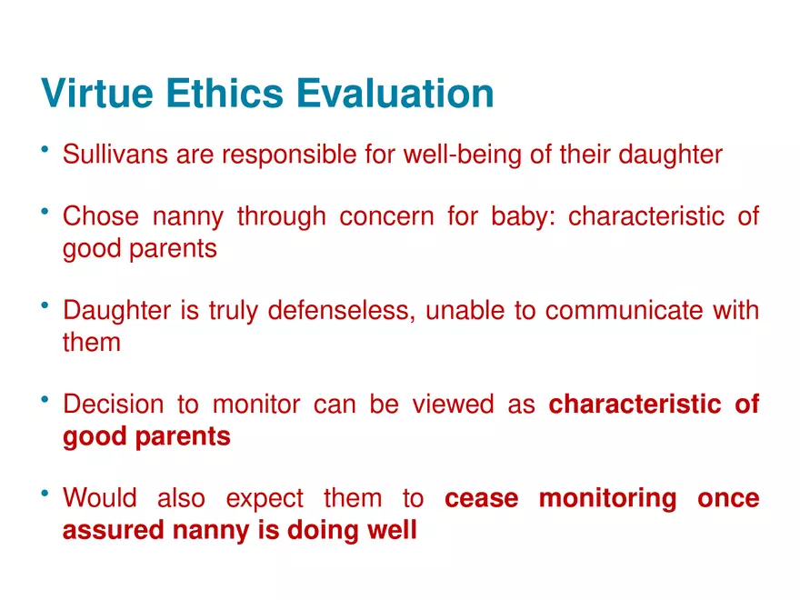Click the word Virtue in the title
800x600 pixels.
[97, 94]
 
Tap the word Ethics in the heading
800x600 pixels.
[225, 94]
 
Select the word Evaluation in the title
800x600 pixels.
[395, 94]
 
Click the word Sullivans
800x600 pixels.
[115, 154]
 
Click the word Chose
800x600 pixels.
[101, 215]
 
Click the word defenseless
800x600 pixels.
[340, 311]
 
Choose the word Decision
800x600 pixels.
[114, 404]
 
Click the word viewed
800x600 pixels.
[453, 404]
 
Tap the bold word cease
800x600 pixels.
[482, 498]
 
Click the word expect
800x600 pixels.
[265, 499]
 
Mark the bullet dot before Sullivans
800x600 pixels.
[45, 149]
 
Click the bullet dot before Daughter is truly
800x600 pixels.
[45, 305]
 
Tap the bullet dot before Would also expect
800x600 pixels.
[45, 493]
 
